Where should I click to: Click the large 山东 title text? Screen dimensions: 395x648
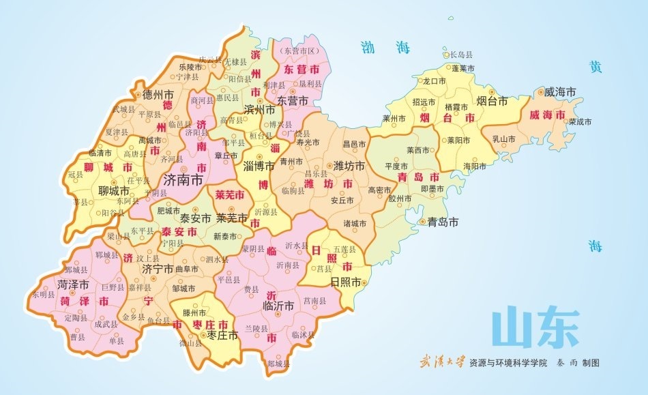pos(535,329)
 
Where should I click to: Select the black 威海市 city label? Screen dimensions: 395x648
pos(561,91)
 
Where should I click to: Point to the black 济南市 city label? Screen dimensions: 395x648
pos(184,180)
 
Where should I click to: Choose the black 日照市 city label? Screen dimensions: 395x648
pos(344,282)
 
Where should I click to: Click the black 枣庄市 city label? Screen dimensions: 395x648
pos(222,335)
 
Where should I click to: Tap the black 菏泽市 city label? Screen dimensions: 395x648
pos(73,284)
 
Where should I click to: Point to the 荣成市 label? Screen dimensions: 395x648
pos(580,121)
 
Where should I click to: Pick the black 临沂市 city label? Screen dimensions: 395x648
pos(278,306)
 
